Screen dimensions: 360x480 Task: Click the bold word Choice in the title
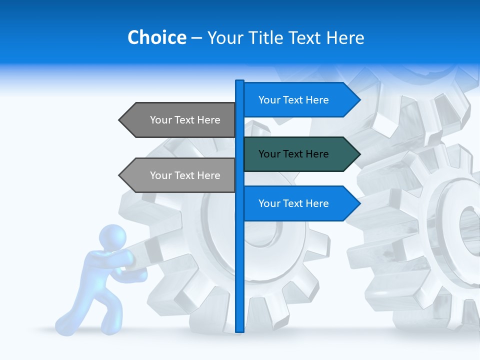pos(156,37)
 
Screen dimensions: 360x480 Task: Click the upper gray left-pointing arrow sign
pos(180,120)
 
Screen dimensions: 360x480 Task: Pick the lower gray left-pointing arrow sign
pos(180,175)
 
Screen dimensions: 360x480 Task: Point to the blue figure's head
pos(112,238)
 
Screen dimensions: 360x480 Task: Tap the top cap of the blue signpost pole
pos(239,81)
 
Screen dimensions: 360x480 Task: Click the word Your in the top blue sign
pos(268,100)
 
